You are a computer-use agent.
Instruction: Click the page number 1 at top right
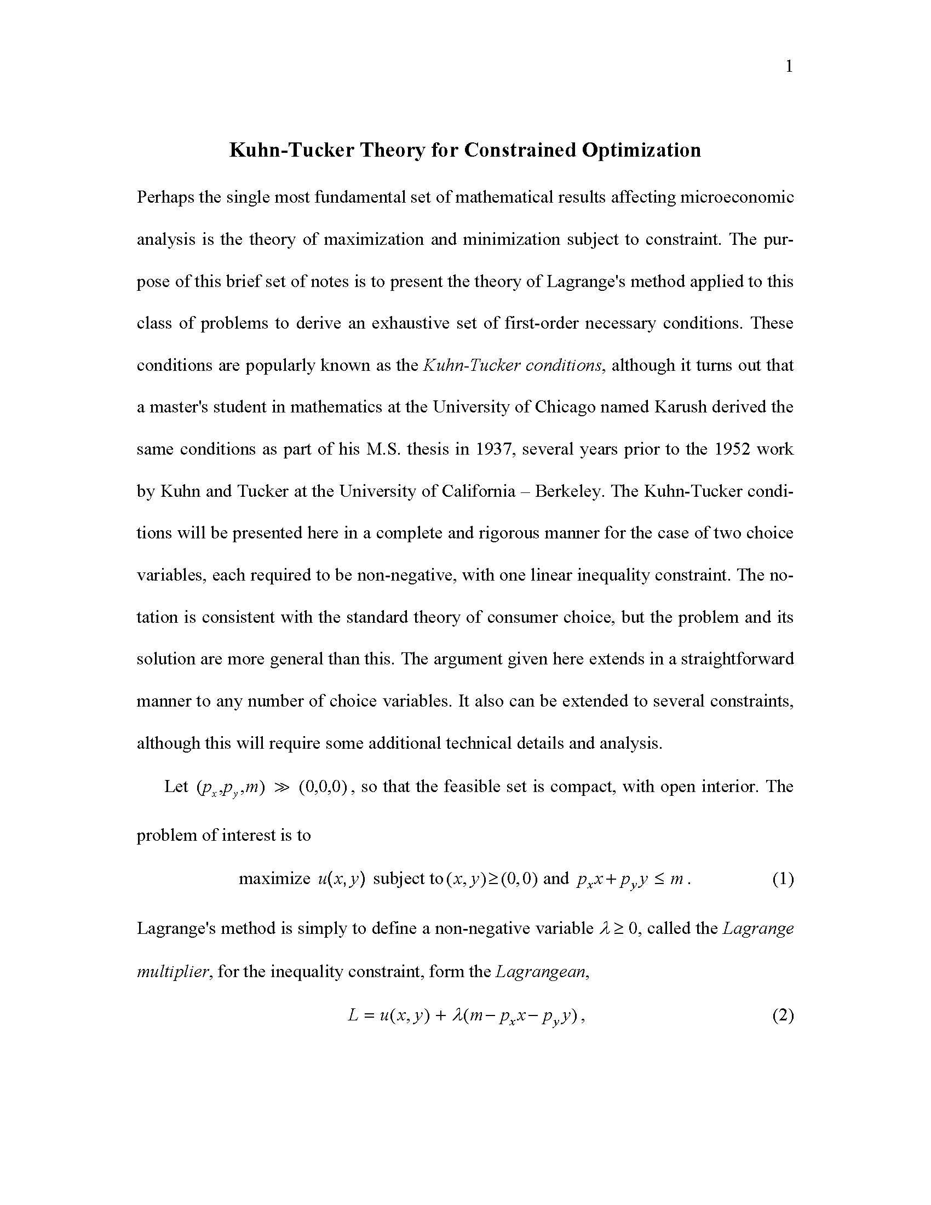tap(789, 67)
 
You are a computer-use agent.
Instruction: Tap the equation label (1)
tap(783, 879)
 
